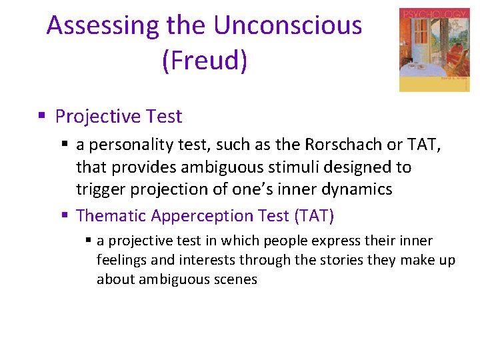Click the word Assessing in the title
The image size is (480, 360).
click(x=103, y=26)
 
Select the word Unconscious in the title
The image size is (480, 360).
click(x=287, y=26)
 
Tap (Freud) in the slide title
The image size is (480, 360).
click(x=204, y=60)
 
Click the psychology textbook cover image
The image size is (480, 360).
click(x=434, y=50)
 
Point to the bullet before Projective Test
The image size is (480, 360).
click(x=41, y=116)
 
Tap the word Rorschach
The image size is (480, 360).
click(x=347, y=145)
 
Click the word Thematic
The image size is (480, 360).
click(x=111, y=216)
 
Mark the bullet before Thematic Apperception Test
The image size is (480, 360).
click(x=65, y=215)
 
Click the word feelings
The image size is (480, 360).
click(x=121, y=260)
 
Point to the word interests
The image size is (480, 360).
click(x=189, y=260)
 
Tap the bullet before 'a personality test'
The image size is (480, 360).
click(x=65, y=144)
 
